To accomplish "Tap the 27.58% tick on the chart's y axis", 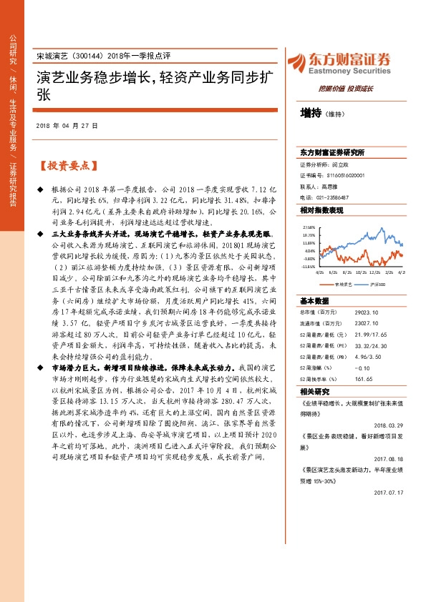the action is tap(309, 226).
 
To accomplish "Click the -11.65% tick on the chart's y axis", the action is tap(309, 267).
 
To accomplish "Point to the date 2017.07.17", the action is tap(389, 493).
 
